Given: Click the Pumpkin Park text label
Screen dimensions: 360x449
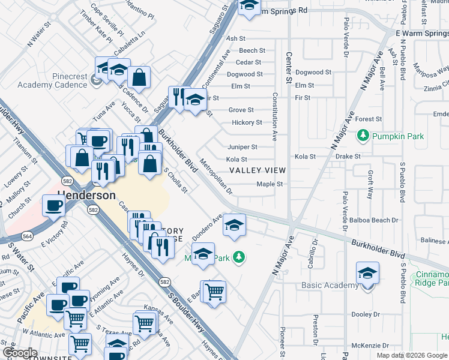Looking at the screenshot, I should tap(398, 136).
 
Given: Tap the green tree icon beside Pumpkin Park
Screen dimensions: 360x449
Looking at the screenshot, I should tap(363, 136).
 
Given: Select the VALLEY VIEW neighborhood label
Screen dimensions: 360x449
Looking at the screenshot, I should tap(257, 170).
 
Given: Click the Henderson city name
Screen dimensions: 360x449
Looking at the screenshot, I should tap(86, 196).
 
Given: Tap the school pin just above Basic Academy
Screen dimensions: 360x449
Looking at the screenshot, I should tap(367, 273).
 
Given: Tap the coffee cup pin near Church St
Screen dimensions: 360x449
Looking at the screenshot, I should tap(53, 206).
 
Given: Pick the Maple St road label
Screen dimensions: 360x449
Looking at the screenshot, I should tap(270, 184).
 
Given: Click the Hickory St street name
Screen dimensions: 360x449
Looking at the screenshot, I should tap(247, 123).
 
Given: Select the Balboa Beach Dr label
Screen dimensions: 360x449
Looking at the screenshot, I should tap(378, 220).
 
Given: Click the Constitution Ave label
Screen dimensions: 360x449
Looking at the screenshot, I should tap(275, 116).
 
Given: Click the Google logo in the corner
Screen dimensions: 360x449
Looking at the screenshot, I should tap(20, 353).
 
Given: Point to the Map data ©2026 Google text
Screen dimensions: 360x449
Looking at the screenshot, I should tap(412, 355).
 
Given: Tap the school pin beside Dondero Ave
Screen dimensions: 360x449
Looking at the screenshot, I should tap(234, 225).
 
